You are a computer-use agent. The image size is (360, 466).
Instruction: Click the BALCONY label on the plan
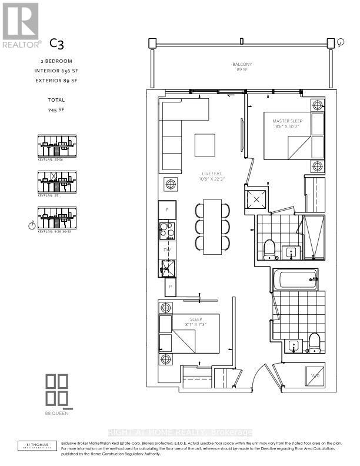pyautogui.click(x=241, y=65)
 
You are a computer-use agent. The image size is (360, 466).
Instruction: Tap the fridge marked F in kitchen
pyautogui.click(x=167, y=209)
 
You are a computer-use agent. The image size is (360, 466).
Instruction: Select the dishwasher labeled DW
pyautogui.click(x=166, y=249)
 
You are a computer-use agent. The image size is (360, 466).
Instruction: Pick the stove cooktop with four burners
pyautogui.click(x=167, y=230)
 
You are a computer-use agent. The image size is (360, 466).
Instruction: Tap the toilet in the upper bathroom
pyautogui.click(x=270, y=249)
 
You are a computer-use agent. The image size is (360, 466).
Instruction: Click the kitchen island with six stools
pyautogui.click(x=212, y=226)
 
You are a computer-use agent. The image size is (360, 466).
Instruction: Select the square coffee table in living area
pyautogui.click(x=205, y=145)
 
